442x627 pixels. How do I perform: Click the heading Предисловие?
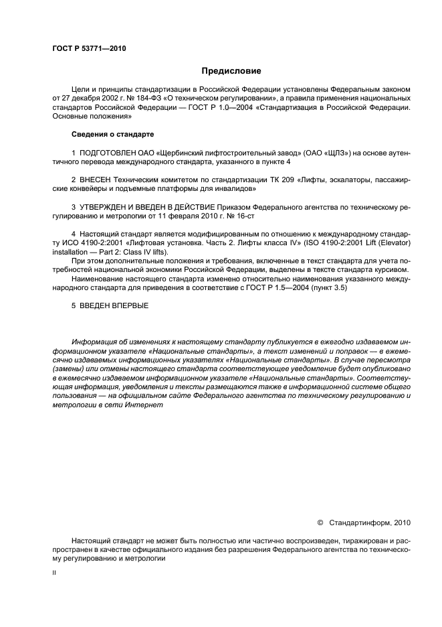pos(231,70)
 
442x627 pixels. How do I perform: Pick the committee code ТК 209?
pos(263,180)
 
